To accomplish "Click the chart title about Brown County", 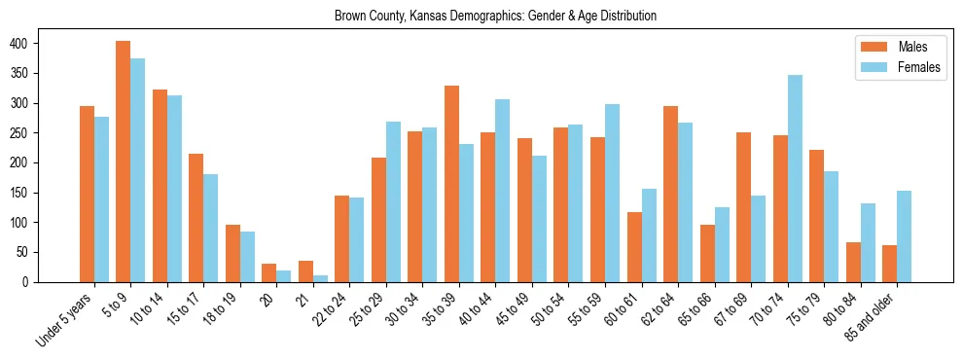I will pyautogui.click(x=495, y=17).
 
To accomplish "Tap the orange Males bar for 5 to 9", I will pyautogui.click(x=123, y=162).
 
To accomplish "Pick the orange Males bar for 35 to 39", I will pyautogui.click(x=451, y=184).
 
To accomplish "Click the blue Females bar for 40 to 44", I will pyautogui.click(x=503, y=191).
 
